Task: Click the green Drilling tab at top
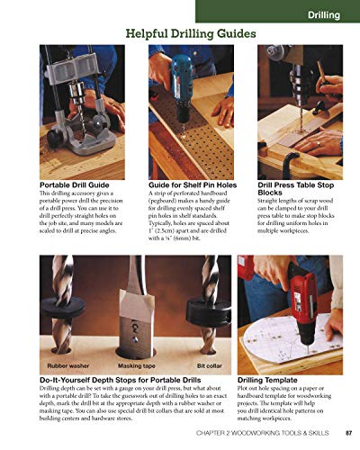pyautogui.click(x=323, y=14)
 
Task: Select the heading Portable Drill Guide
pyautogui.click(x=79, y=184)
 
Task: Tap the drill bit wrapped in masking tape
pyautogui.click(x=139, y=306)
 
